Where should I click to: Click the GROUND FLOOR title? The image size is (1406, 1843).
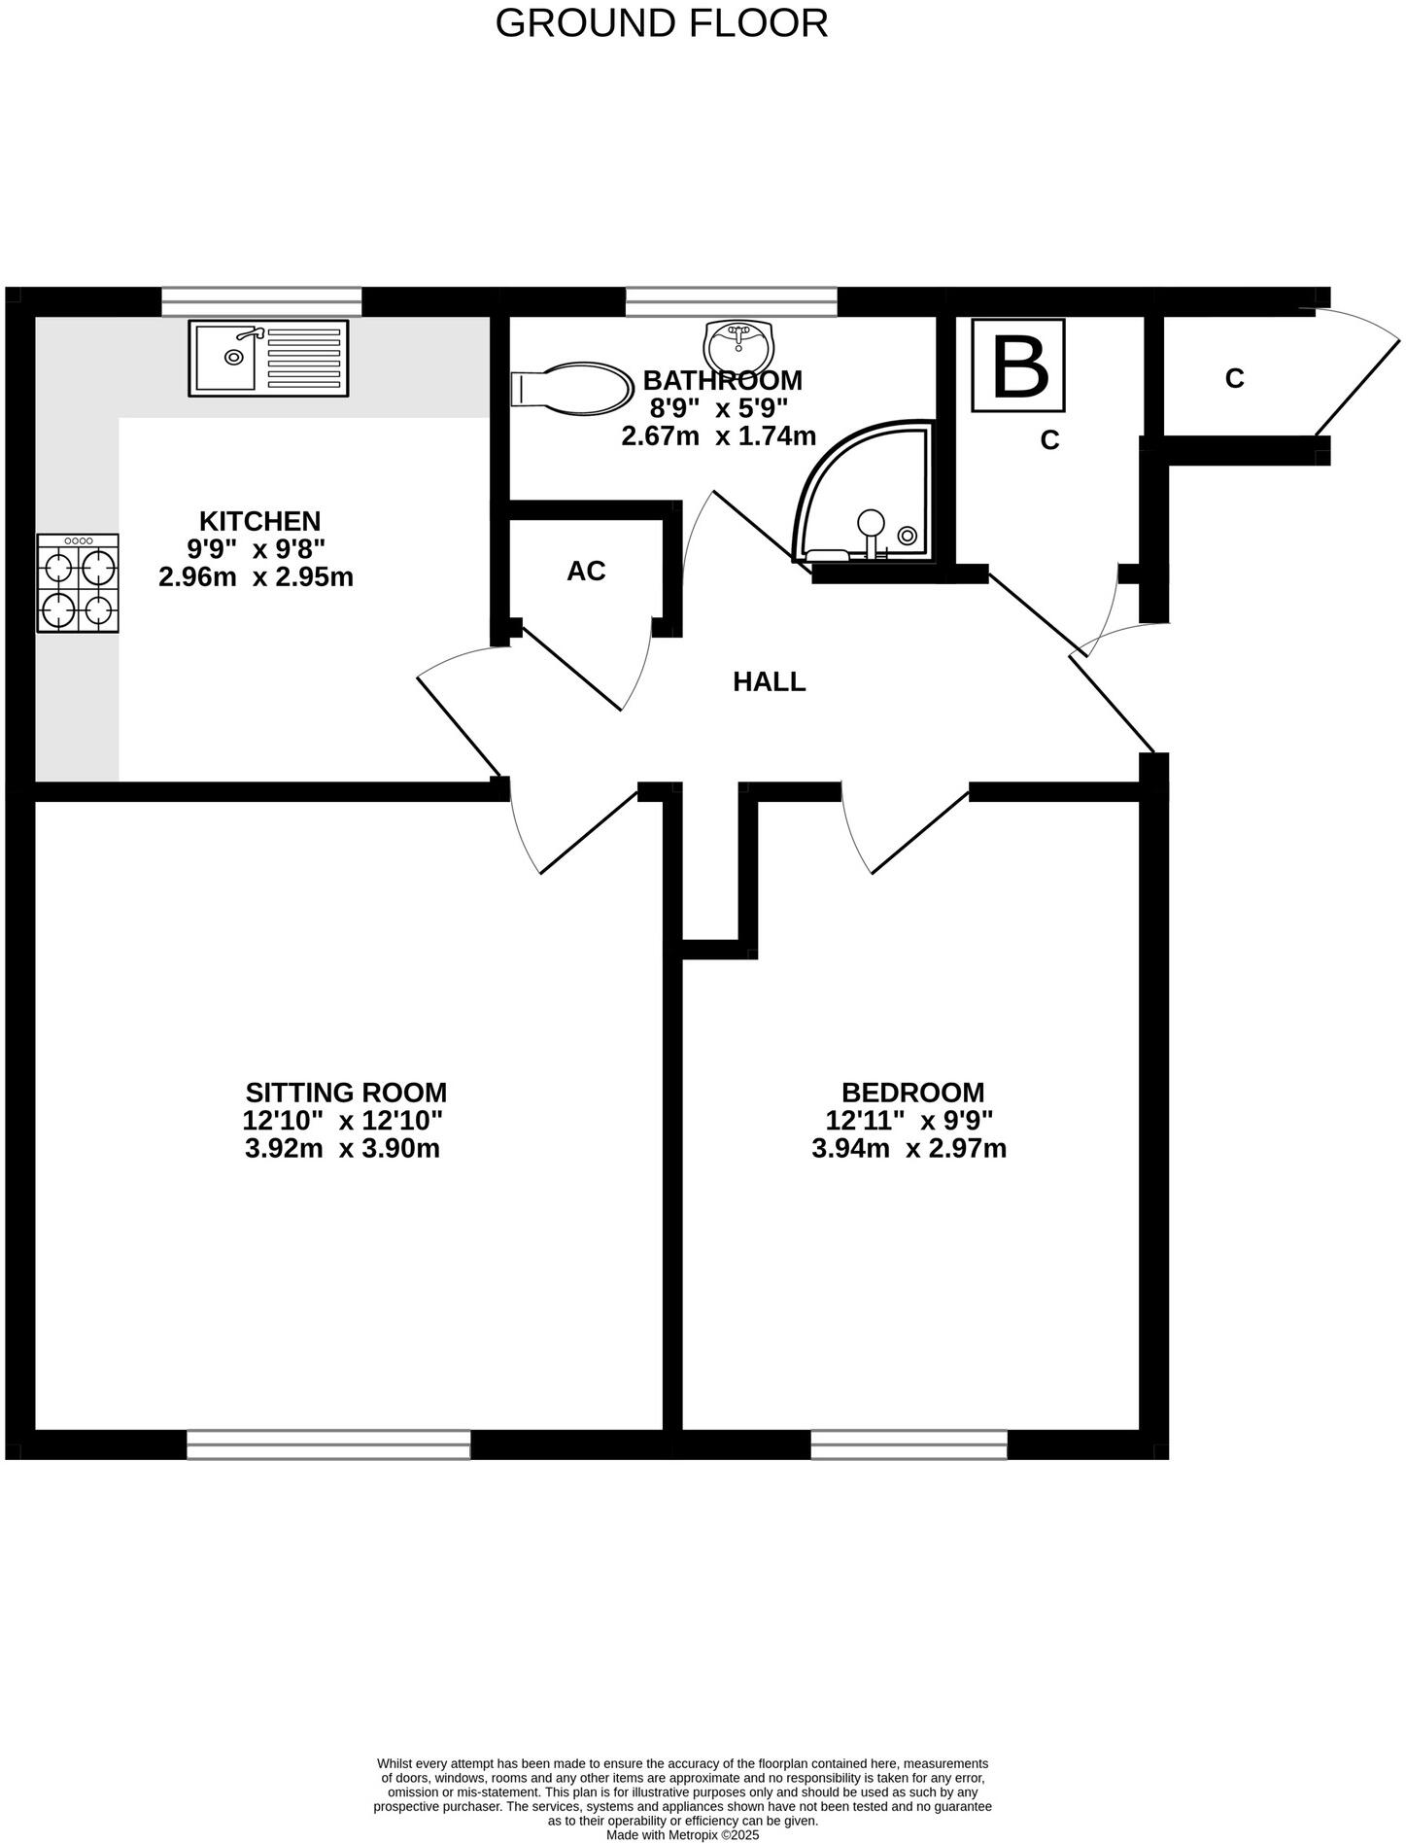coord(661,23)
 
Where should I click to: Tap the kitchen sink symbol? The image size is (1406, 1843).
coord(268,359)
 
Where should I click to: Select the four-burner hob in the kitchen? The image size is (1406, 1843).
coord(78,583)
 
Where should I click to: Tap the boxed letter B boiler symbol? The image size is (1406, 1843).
coord(1019,365)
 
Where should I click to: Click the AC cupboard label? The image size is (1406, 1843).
coord(586,572)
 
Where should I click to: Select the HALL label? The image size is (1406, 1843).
coord(769,681)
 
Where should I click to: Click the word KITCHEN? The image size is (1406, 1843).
coord(259,521)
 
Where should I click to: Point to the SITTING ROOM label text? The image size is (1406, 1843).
coord(346,1093)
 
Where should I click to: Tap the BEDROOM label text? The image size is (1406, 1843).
coord(912,1093)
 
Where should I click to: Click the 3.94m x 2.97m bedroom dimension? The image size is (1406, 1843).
coord(909,1149)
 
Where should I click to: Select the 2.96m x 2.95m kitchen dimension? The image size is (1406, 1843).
coord(256,577)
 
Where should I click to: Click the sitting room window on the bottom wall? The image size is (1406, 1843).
coord(328,1444)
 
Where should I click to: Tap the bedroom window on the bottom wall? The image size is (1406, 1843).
coord(909,1444)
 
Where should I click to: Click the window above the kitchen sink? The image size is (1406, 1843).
coord(261,301)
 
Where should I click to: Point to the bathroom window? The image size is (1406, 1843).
coord(731,301)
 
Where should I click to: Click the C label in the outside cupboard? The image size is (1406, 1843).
coord(1234,379)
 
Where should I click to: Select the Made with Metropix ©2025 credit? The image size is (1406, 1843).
coord(682,1834)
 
